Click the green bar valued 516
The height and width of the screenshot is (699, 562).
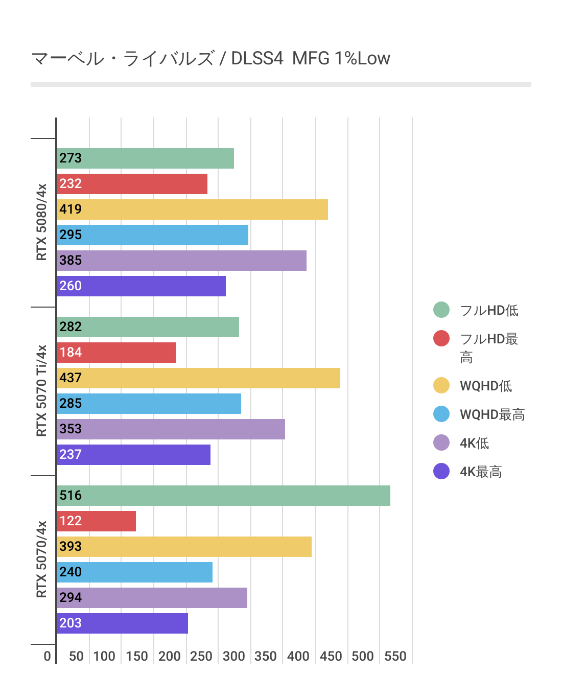[223, 496]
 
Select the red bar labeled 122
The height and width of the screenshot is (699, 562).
[96, 521]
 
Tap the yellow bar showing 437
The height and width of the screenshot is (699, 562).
[198, 378]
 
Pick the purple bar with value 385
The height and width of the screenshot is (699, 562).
[181, 261]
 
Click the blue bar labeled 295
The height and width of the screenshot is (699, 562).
[152, 235]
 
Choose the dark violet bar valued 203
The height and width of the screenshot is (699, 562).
[122, 623]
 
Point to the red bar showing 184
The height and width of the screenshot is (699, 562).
[116, 353]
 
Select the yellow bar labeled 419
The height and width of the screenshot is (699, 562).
[192, 209]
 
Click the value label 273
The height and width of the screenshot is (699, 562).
[71, 158]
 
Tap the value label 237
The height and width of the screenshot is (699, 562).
[71, 455]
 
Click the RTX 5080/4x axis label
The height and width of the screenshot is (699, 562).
[41, 222]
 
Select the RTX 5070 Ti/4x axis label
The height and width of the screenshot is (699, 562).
[41, 391]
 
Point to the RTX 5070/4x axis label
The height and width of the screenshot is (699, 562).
[41, 560]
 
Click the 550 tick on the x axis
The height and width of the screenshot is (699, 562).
[395, 657]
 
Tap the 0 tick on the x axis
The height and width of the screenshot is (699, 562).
[48, 657]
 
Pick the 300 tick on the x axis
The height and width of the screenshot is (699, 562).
[234, 657]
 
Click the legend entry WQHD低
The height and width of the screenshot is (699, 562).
[485, 386]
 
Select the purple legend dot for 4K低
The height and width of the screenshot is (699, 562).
[441, 442]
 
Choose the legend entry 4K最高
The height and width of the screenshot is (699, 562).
[481, 472]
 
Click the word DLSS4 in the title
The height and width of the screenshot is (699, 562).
[257, 58]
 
